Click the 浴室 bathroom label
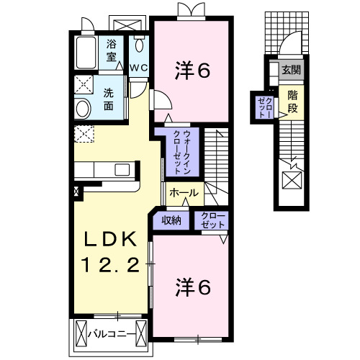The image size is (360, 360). [x=112, y=50]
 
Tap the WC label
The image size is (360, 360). [x=138, y=67]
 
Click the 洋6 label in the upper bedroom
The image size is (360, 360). [x=193, y=71]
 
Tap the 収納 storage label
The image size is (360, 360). [x=171, y=220]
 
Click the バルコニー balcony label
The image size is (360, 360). [x=110, y=333]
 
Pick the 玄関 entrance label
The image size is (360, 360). [x=292, y=71]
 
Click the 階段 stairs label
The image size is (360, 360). [x=292, y=101]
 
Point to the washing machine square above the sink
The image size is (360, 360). [x=84, y=84]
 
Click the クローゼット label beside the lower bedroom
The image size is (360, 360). [x=210, y=220]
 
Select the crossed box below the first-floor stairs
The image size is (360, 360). [x=292, y=180]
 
